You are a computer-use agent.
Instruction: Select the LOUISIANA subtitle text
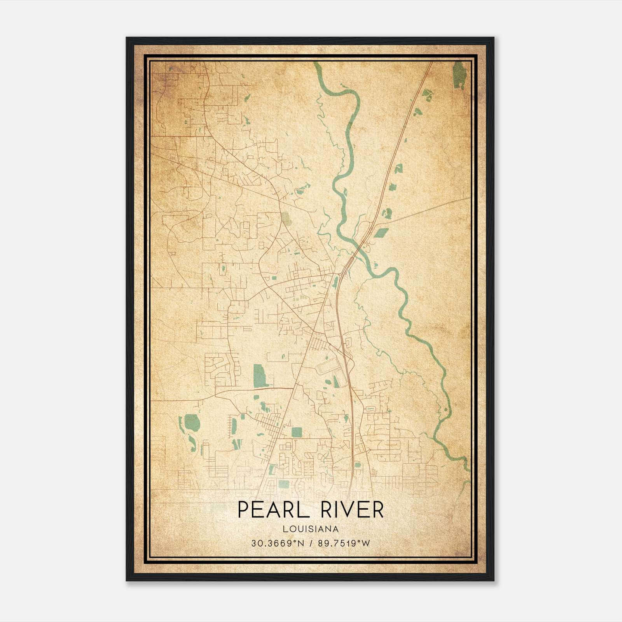click(x=311, y=529)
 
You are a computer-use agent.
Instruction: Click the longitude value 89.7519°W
click(x=344, y=543)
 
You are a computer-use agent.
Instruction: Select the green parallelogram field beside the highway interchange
click(x=381, y=232)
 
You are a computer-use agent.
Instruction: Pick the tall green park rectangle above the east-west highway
click(x=258, y=376)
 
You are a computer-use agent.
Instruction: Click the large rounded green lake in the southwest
click(x=192, y=421)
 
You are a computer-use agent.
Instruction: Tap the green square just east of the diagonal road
click(x=297, y=432)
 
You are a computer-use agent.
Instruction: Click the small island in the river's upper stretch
click(x=344, y=191)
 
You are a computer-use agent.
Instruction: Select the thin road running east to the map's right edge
click(x=428, y=209)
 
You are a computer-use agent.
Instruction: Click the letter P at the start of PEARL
click(x=242, y=510)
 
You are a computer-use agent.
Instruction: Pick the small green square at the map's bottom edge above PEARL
click(x=284, y=484)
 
